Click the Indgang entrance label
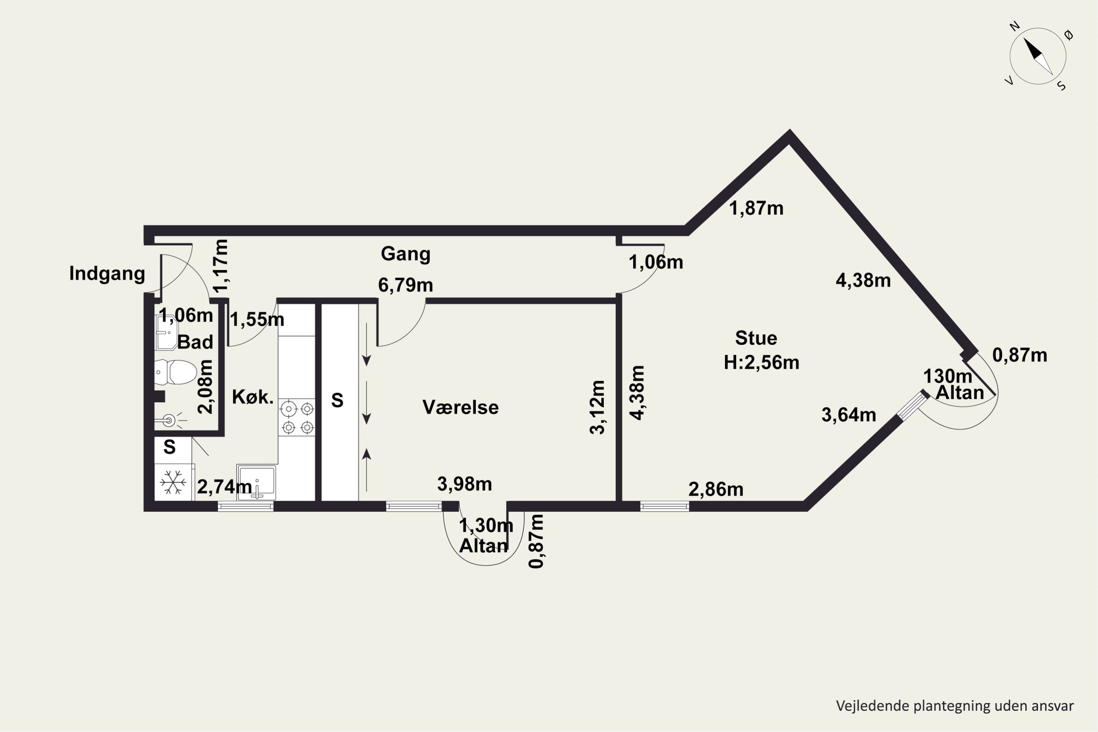107,273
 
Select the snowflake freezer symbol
173,482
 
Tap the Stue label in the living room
756,338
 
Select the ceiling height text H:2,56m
761,362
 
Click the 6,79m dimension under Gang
405,285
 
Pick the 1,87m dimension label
756,208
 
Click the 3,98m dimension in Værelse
464,484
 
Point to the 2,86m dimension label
716,489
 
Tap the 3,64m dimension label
849,415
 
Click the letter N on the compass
1015,26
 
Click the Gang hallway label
405,254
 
